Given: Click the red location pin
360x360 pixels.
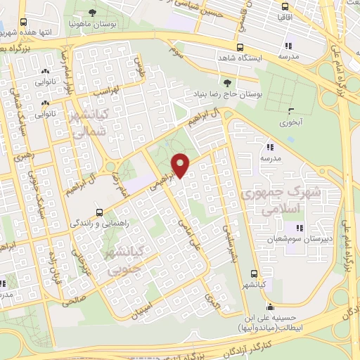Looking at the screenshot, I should pos(181,165).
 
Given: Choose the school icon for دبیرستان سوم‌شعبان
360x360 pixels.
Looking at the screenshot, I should pos(300,228).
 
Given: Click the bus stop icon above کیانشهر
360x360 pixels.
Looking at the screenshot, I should pos(254,274).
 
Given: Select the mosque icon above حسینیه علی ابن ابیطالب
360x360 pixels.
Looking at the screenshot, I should pos(269,307).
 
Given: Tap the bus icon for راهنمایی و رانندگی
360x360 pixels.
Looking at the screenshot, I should pos(99,212).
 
